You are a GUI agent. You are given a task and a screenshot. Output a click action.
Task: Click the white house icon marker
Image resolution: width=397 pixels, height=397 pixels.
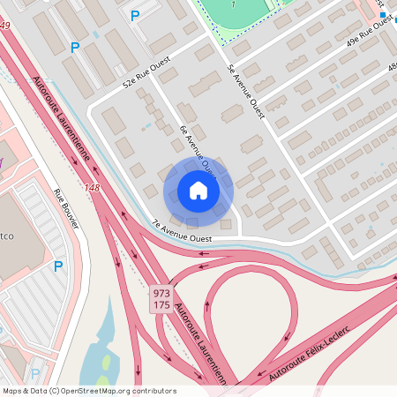pos(198,191)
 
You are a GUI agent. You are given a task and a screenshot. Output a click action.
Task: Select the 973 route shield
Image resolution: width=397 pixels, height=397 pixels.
pos(161,292)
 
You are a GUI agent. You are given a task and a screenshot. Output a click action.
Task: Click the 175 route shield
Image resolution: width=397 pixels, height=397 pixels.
pos(161,305)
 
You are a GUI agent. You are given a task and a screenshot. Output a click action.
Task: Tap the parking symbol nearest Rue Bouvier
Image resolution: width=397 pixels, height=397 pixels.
pos(58,266)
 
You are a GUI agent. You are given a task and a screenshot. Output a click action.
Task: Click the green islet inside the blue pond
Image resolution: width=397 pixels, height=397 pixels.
pos(106,362)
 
